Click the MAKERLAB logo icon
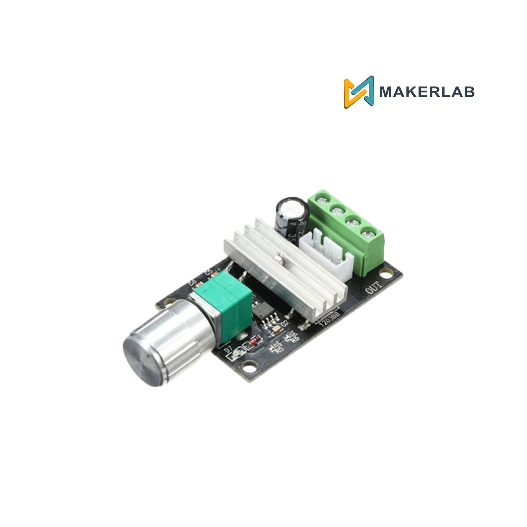[x=359, y=92]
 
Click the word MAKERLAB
[x=427, y=92]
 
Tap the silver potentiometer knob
[x=164, y=343]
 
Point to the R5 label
[x=279, y=349]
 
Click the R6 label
[x=295, y=338]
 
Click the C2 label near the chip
[x=284, y=323]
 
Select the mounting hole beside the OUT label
[x=384, y=272]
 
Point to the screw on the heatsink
[x=279, y=259]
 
